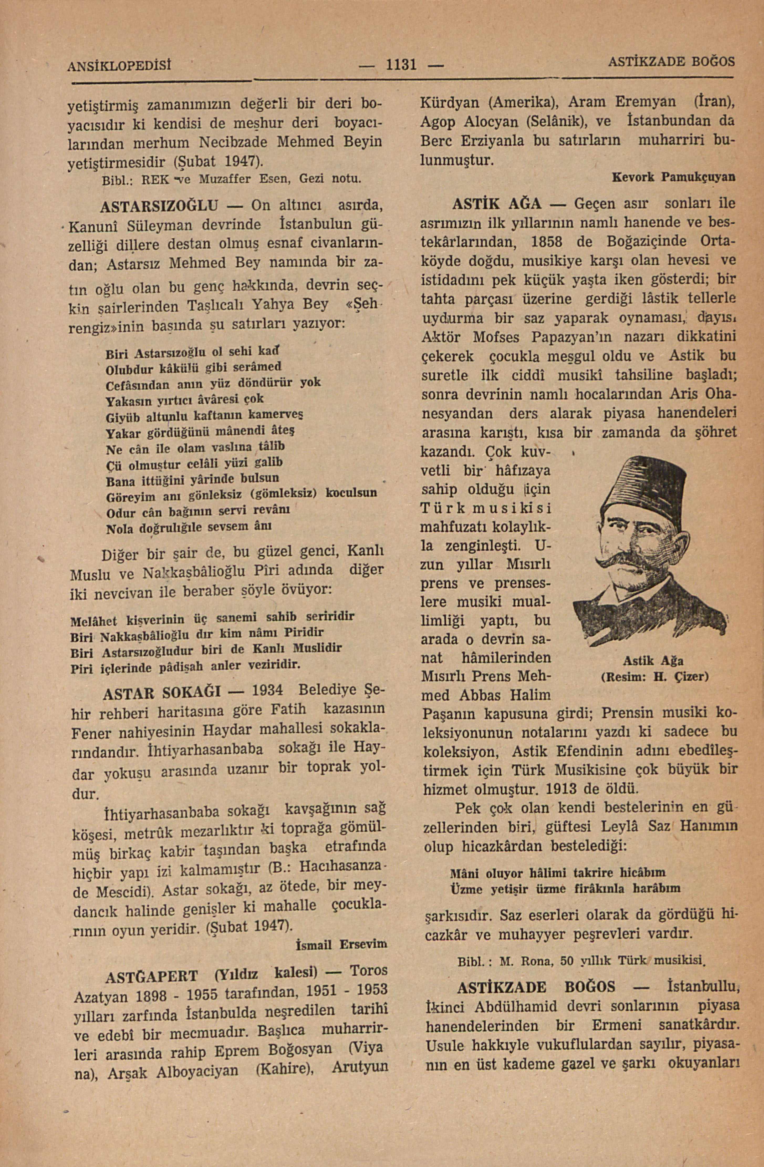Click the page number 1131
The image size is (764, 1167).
(x=401, y=64)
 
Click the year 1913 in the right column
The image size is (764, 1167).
(x=571, y=789)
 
